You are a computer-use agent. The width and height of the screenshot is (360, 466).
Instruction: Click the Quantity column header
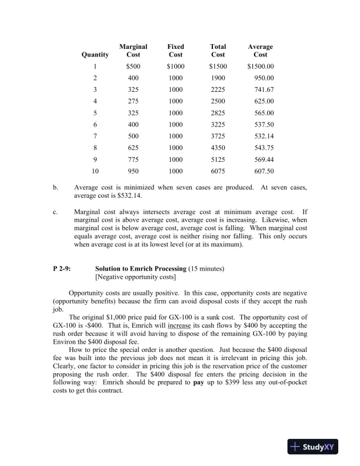(95, 55)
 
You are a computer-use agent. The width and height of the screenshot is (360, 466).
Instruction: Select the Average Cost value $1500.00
(261, 66)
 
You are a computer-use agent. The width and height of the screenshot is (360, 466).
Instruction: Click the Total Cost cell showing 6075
(218, 172)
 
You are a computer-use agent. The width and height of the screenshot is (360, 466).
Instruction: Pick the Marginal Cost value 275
(134, 101)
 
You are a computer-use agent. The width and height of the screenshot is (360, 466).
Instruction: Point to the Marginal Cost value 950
(134, 172)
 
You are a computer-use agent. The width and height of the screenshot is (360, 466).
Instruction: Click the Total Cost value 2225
(218, 89)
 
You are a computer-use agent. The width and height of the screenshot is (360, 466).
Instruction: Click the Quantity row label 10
(95, 172)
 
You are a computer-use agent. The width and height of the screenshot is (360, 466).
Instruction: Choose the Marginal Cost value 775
(134, 160)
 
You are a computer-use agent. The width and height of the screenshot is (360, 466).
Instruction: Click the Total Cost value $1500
(218, 66)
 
